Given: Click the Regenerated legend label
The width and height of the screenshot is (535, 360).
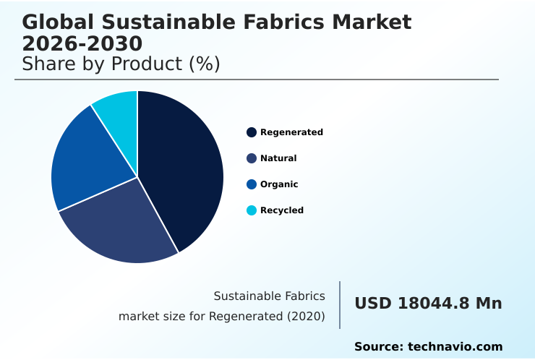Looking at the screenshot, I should pos(291,132).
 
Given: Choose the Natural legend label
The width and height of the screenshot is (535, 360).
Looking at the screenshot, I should pos(278,158).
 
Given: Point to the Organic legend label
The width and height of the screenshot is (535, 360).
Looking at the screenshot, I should pos(279,184).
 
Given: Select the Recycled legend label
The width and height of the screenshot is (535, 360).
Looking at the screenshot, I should pos(282,210).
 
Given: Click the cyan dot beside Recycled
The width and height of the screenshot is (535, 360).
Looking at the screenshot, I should pos(252,210).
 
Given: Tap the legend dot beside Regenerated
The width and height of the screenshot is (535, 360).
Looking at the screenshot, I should pos(252,132).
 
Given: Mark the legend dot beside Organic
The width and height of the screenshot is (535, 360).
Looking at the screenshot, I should pos(252,184).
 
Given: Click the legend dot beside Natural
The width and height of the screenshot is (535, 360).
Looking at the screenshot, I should pos(252,158).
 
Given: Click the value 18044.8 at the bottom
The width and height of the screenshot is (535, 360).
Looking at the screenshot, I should pos(433,304).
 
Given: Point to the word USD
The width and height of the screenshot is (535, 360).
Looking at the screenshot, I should pos(372,304).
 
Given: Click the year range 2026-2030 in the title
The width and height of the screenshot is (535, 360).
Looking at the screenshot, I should pos(82,43).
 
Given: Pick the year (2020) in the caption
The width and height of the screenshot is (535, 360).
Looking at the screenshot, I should pos(307,316).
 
